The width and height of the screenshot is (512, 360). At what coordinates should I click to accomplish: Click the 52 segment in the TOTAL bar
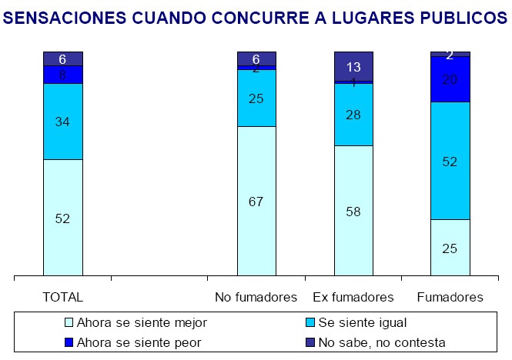click(x=63, y=218)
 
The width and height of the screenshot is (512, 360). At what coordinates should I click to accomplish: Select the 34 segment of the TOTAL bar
click(x=63, y=121)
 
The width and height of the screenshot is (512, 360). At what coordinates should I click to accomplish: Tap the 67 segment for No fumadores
click(x=256, y=202)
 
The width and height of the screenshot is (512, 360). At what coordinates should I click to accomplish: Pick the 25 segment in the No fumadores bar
click(x=256, y=98)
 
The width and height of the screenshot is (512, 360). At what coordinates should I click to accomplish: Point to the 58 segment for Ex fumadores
click(x=353, y=210)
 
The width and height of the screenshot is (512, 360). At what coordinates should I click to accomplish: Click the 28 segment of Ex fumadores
click(x=353, y=114)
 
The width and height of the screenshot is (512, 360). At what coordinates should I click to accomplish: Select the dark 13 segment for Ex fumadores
click(x=353, y=66)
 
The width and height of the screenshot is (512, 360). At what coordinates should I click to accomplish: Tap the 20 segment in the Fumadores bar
click(x=450, y=79)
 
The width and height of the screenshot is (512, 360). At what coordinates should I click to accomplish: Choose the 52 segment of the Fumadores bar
click(x=450, y=161)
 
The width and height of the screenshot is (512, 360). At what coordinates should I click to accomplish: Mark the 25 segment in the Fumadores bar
click(x=450, y=247)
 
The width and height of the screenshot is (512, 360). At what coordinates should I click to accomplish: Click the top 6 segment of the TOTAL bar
click(x=63, y=58)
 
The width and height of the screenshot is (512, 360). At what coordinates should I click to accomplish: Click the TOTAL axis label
click(x=63, y=297)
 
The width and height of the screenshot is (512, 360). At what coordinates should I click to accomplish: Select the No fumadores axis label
click(x=256, y=297)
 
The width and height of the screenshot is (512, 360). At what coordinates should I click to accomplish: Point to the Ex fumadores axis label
click(x=353, y=297)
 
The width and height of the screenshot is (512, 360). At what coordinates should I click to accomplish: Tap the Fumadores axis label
click(x=450, y=297)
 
